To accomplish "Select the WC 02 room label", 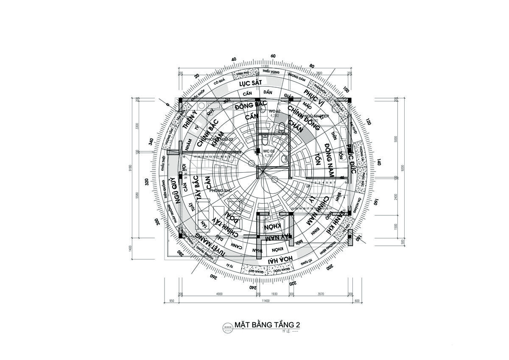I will pos(274,111).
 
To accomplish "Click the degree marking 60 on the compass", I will pos(273,56).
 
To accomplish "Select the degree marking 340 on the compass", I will pos(151,141).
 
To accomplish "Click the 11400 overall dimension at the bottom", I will pos(265,301).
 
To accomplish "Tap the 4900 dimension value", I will pos(219,293).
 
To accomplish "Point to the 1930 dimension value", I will pos(274,293).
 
